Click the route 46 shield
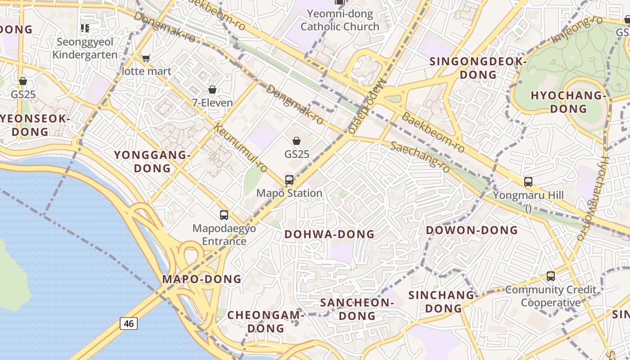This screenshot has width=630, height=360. tap(129, 323)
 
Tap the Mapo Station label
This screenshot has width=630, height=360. tap(289, 193)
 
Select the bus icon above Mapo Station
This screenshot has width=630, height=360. tap(289, 180)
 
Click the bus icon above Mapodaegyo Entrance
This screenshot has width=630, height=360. tap(224, 215)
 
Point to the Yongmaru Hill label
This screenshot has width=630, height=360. tap(528, 196)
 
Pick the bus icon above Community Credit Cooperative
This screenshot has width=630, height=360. tap(550, 276)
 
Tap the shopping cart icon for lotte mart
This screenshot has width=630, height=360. tap(146, 58)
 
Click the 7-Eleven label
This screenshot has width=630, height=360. tap(212, 103)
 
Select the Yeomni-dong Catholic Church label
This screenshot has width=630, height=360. tap(340, 20)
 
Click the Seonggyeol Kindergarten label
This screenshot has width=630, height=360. tap(85, 48)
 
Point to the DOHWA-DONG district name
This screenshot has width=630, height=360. tap(329, 234)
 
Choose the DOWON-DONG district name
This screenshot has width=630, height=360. tap(472, 230)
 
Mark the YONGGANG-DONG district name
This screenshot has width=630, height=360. tap(152, 162)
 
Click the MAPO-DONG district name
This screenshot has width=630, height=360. tap(202, 279)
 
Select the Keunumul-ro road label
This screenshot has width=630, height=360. tap(242, 148)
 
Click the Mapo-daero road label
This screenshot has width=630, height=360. tap(367, 107)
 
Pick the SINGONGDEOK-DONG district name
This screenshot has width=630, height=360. tap(478, 68)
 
